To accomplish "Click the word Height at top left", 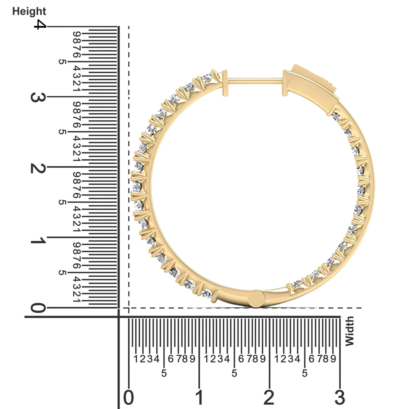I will click(x=29, y=11).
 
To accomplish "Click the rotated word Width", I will click(x=349, y=331).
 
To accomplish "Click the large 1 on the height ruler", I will click(x=38, y=241).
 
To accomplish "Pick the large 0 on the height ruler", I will click(x=38, y=308).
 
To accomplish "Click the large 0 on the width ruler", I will click(x=129, y=397).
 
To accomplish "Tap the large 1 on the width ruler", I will click(x=199, y=397).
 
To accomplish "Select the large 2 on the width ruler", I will click(x=269, y=397).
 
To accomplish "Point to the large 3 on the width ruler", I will click(x=339, y=397).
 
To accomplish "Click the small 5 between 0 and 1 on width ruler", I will click(x=164, y=373).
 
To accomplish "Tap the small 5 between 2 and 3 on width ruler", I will click(x=305, y=373).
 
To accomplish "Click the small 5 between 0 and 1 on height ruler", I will click(x=62, y=273).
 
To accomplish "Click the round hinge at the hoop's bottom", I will click(x=257, y=299).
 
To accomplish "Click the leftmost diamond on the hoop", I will click(x=137, y=185).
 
